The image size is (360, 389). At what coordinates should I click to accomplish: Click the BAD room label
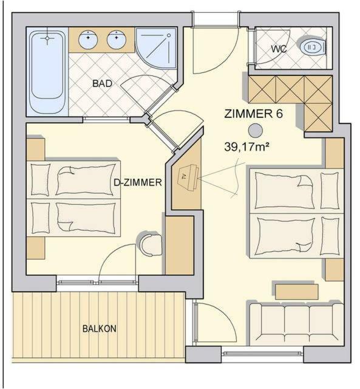click(102, 83)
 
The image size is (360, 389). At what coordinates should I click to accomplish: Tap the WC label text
click(279, 49)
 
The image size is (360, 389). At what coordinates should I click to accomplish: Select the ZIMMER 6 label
click(253, 114)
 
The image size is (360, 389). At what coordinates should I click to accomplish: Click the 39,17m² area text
click(246, 146)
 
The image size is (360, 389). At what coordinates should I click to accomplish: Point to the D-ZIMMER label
click(138, 182)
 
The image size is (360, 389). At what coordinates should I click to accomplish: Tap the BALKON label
click(100, 329)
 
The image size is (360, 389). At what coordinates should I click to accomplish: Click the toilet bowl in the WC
click(312, 47)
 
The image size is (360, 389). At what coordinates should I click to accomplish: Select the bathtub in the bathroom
click(47, 72)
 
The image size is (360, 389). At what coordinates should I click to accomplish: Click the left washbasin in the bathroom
click(88, 40)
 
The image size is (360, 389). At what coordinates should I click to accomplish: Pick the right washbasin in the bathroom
click(117, 40)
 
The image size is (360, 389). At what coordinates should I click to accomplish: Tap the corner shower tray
click(156, 47)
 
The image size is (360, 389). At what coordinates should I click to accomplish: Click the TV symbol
click(188, 177)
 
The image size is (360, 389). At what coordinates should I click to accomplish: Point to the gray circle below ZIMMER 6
click(256, 131)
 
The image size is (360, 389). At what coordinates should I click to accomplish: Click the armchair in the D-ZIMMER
click(150, 244)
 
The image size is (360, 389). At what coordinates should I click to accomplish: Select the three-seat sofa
click(296, 323)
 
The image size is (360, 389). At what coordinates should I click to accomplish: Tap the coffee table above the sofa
click(297, 292)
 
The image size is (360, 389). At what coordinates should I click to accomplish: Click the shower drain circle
click(169, 35)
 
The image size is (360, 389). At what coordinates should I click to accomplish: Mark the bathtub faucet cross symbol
click(47, 38)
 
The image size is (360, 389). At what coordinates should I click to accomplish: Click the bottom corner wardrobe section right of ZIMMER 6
click(318, 117)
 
